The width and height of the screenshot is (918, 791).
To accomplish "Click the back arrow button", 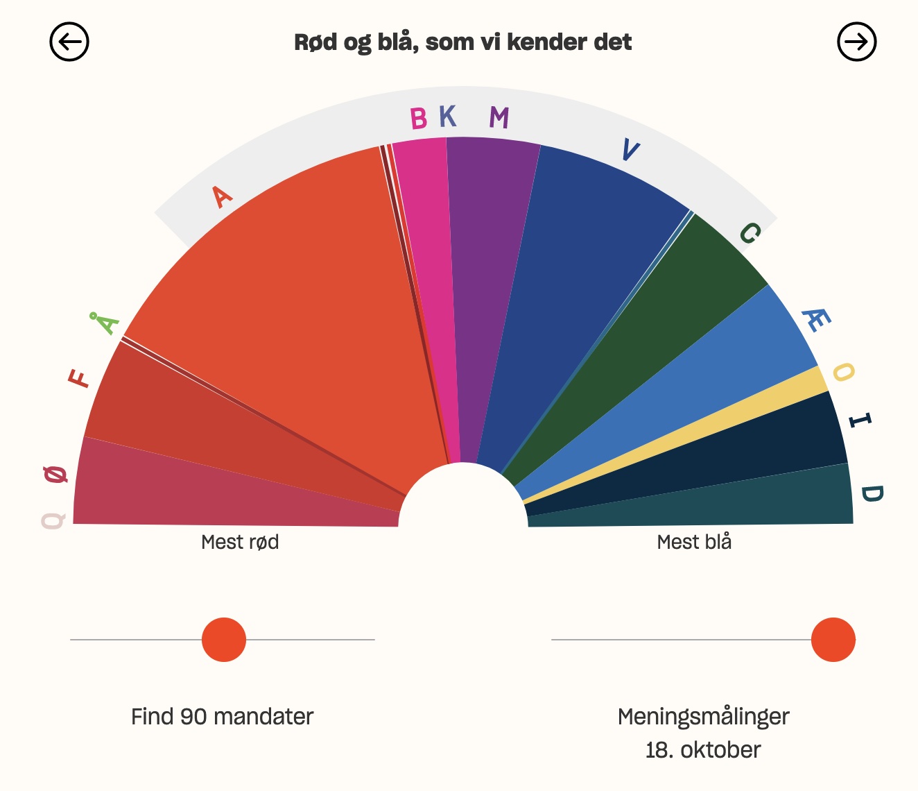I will (69, 42).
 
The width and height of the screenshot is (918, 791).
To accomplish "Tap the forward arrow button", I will (856, 42).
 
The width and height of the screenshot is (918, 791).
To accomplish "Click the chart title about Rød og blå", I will (462, 42).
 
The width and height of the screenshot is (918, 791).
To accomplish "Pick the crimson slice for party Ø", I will (208, 493).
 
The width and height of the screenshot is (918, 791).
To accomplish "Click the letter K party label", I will (448, 117).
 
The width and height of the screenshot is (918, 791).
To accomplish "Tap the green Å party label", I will (105, 323).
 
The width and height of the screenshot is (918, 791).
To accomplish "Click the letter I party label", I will (860, 420).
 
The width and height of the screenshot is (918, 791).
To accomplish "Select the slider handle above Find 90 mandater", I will (224, 640).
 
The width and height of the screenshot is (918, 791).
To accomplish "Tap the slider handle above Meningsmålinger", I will (833, 640).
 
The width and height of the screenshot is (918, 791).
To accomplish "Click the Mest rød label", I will (240, 542).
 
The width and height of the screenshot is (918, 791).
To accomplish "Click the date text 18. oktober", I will (703, 750).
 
